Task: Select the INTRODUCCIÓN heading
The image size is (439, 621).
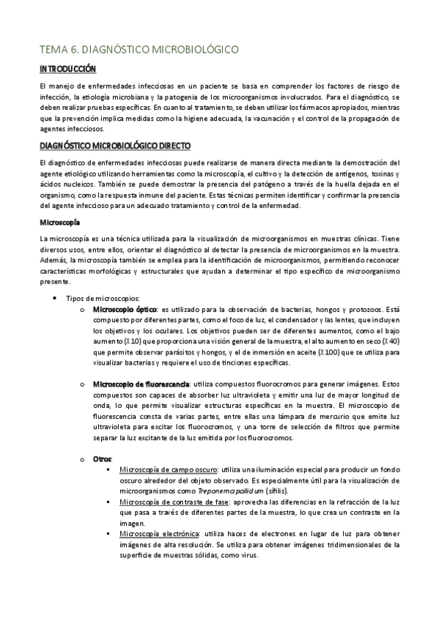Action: click(68, 70)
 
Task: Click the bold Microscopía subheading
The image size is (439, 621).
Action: click(60, 221)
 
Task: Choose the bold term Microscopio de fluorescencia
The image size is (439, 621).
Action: click(141, 384)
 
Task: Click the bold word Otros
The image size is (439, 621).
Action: click(103, 458)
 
